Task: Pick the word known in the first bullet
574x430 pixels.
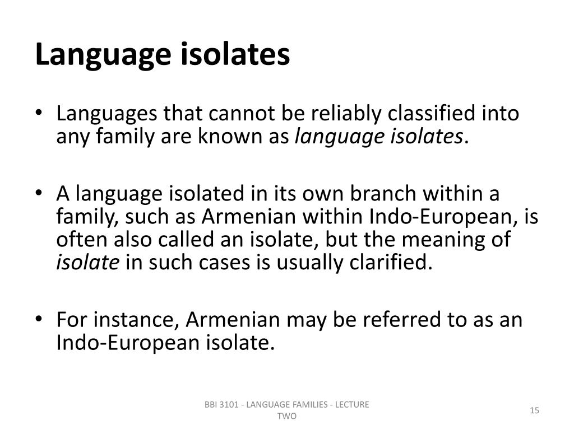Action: click(228, 135)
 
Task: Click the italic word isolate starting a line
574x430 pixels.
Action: click(87, 261)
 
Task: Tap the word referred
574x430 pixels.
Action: click(396, 320)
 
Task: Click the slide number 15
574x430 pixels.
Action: click(534, 411)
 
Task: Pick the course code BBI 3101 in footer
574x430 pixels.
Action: click(222, 405)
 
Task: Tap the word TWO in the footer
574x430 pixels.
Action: click(286, 417)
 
